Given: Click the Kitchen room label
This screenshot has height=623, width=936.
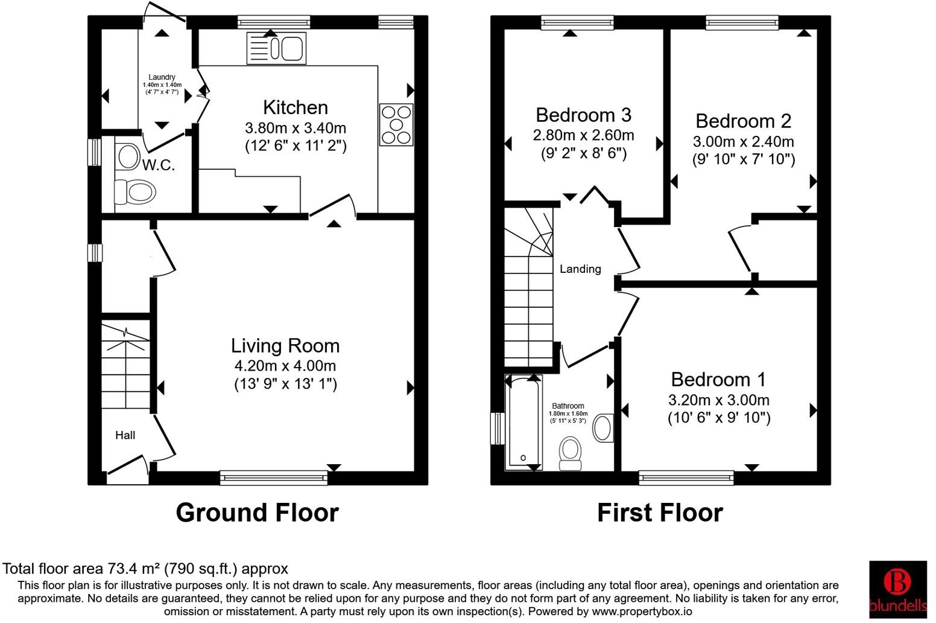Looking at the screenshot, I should click(x=296, y=107).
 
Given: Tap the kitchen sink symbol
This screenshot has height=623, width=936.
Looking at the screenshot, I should click(x=277, y=48).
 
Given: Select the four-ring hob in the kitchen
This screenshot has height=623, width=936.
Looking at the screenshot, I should click(x=396, y=125).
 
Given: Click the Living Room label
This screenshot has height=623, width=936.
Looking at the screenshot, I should click(x=285, y=345).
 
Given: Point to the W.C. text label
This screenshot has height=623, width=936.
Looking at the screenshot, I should click(x=159, y=165).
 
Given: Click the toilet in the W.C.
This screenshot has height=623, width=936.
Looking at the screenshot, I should click(x=135, y=193).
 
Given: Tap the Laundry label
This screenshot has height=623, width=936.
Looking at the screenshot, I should click(x=162, y=77).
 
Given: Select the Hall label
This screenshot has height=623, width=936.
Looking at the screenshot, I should click(x=125, y=435).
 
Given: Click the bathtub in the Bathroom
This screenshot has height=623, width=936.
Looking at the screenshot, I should click(x=522, y=423).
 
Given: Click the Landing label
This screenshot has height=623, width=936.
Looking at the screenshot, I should click(x=580, y=269).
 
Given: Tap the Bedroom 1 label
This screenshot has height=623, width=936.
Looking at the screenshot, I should click(x=718, y=380).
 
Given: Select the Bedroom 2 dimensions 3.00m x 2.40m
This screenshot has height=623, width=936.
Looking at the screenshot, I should click(x=743, y=142).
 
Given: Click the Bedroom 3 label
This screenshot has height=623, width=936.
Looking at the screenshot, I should click(x=583, y=115).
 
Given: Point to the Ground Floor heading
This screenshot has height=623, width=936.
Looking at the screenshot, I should click(x=257, y=513).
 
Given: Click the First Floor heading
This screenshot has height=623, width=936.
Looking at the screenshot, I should click(x=660, y=513).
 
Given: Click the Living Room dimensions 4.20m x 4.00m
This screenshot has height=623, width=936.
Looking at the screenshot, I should click(x=285, y=366).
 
